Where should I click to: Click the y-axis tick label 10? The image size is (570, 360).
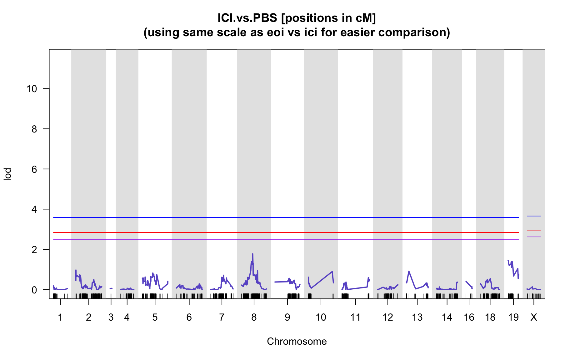click(32, 89)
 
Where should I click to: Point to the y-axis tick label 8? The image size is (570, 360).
click(34, 129)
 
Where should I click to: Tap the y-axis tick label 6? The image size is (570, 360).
click(34, 169)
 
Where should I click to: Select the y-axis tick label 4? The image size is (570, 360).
click(34, 209)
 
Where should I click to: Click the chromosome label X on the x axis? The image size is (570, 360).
click(534, 318)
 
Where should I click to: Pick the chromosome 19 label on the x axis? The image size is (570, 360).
click(513, 318)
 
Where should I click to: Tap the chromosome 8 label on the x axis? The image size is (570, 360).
click(254, 318)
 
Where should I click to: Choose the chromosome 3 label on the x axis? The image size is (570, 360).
click(111, 318)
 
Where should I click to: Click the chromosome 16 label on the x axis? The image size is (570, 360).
click(469, 318)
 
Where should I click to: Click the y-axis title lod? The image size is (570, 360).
click(8, 174)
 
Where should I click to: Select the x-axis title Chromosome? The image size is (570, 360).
click(297, 342)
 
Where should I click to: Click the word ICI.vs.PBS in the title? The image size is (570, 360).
click(247, 18)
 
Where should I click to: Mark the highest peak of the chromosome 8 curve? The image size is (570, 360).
click(252, 254)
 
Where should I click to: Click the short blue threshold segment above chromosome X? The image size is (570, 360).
click(534, 216)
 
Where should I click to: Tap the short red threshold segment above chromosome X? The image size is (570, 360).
click(534, 230)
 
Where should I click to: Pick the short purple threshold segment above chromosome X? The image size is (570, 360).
click(534, 237)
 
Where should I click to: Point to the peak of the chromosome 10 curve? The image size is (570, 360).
click(332, 272)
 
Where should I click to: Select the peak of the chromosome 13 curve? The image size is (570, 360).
click(409, 271)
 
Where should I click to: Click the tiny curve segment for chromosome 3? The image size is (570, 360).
click(111, 288)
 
